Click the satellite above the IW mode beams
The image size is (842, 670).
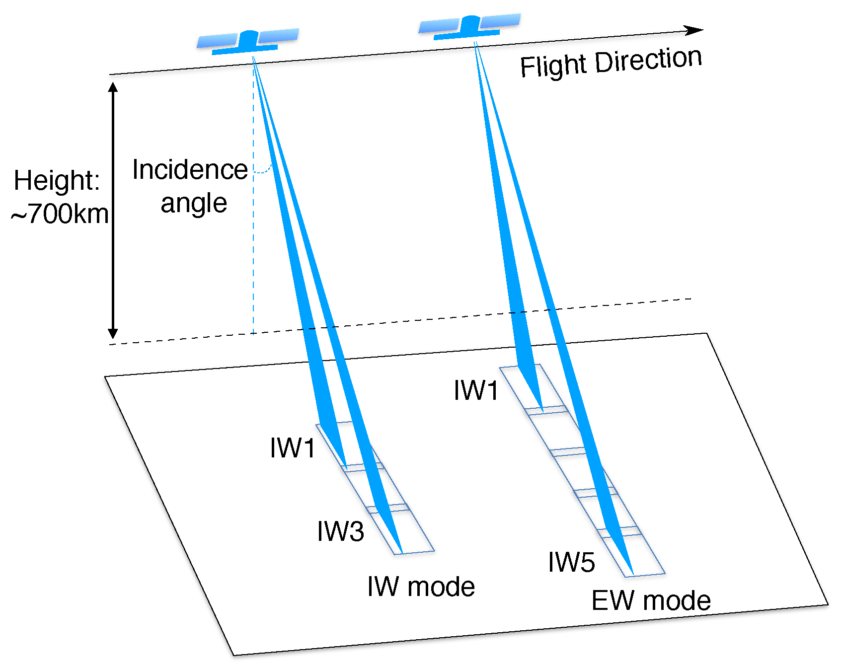[x=248, y=41]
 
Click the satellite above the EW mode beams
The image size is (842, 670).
[x=470, y=26]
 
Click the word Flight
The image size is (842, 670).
[x=553, y=66]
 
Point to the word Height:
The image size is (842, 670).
[x=57, y=180]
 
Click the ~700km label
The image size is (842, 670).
[x=60, y=214]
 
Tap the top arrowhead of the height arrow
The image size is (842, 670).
[x=113, y=87]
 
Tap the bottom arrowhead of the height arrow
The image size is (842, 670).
[x=113, y=333]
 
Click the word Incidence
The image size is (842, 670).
[x=190, y=170]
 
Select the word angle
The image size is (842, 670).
[x=194, y=203]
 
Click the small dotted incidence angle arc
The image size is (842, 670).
[x=263, y=170]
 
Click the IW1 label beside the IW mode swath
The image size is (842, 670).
[x=293, y=448]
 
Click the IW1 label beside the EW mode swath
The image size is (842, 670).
[x=476, y=390]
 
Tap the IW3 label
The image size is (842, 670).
[x=341, y=531]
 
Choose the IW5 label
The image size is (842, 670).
[x=571, y=562]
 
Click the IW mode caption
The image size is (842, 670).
[x=421, y=587]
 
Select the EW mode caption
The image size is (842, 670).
[x=651, y=601]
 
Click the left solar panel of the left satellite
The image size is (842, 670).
[x=218, y=41]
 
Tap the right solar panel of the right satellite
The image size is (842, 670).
[x=500, y=20]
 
